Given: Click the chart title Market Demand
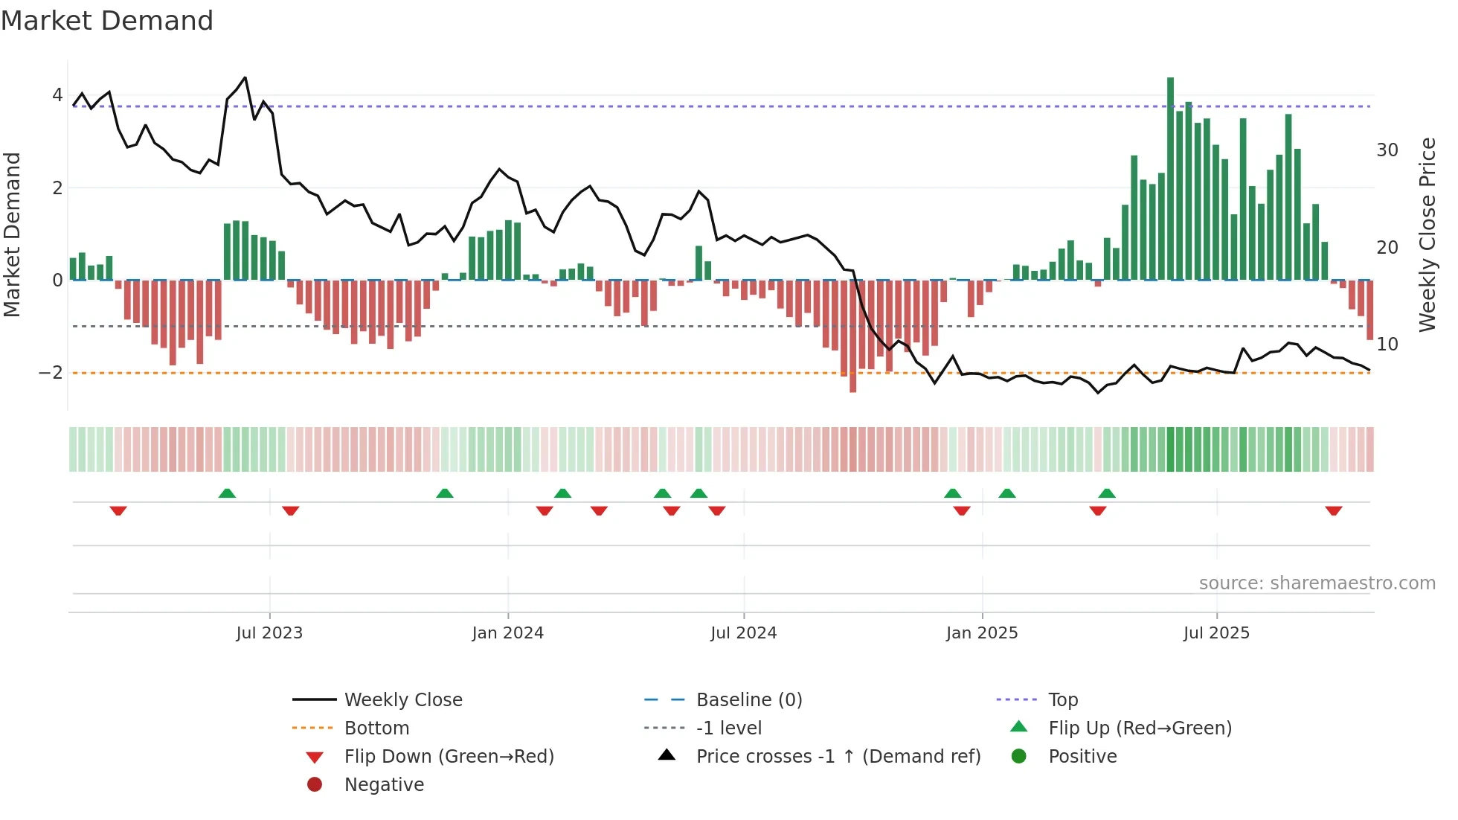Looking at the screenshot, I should click(x=107, y=21).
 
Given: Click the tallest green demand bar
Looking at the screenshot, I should click(x=1170, y=179).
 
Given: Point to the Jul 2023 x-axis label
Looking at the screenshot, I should click(x=269, y=633).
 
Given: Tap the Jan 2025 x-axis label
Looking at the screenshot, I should click(x=982, y=633).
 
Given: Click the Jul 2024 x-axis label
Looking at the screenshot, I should click(x=743, y=633).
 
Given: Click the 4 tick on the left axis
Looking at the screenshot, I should click(x=57, y=95).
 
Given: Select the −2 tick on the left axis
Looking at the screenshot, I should click(x=51, y=373).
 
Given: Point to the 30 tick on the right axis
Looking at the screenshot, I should click(x=1387, y=150).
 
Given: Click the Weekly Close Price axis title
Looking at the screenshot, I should click(x=1427, y=234).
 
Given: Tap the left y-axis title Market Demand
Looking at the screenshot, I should click(x=12, y=234).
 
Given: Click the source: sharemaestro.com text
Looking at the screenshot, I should click(x=1317, y=583).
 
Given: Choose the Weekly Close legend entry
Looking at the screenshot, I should click(x=402, y=700).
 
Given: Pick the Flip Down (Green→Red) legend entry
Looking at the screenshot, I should click(x=449, y=757).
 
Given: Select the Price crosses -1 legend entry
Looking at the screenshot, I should click(x=838, y=757).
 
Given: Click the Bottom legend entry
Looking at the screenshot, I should click(x=376, y=728).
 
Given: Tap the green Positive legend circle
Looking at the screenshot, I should click(x=1019, y=757).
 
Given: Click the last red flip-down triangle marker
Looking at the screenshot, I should click(x=1333, y=510).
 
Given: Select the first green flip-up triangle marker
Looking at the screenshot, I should click(x=227, y=493).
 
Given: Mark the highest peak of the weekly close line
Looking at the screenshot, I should click(x=245, y=77).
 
